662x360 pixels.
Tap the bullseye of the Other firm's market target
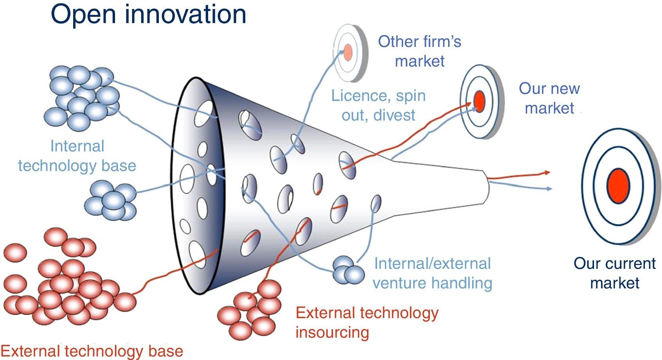pyautogui.click(x=348, y=52)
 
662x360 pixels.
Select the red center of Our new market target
pyautogui.click(x=479, y=101)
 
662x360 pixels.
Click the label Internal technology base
pyautogui.click(x=77, y=156)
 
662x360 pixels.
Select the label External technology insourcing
pyautogui.click(x=367, y=322)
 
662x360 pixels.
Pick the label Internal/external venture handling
pyautogui.click(x=432, y=273)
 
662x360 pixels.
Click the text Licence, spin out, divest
pyautogui.click(x=378, y=105)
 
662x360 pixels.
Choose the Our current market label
pyautogui.click(x=614, y=273)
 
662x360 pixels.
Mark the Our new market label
pyautogui.click(x=549, y=98)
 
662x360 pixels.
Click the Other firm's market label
pyautogui.click(x=419, y=51)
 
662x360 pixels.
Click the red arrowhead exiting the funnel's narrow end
pyautogui.click(x=547, y=172)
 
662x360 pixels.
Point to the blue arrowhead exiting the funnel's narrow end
pyautogui.click(x=549, y=189)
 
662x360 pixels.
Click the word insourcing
pyautogui.click(x=332, y=332)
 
